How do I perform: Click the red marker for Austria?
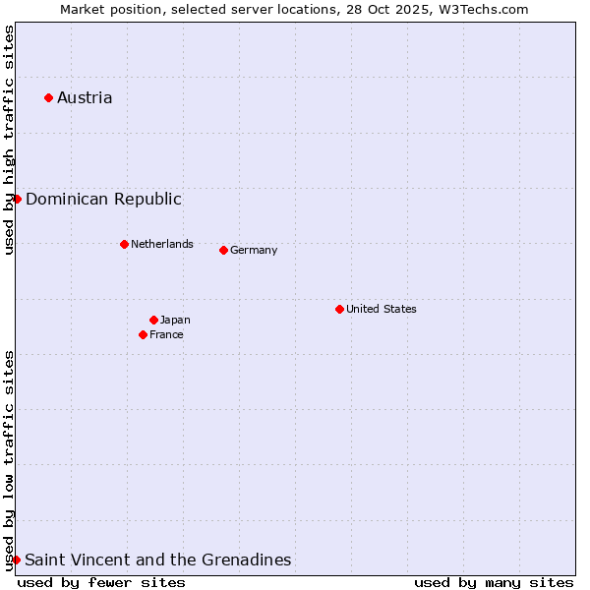pos(48,97)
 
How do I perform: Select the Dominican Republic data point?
pos(17,199)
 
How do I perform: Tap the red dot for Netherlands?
pos(124,244)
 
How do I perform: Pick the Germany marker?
pos(223,250)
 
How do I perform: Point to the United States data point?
pos(339,309)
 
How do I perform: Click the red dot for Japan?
pos(153,320)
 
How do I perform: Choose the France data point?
pos(144,334)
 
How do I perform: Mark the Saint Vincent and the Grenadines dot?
pos(16,560)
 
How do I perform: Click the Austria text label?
pos(85,97)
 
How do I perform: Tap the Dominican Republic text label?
pos(103,199)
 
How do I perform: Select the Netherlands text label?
pos(162,244)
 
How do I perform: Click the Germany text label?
pos(254,250)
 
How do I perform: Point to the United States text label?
pos(382,309)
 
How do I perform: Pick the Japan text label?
pos(175,320)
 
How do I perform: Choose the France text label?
pos(166,334)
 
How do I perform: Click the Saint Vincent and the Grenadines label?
pos(157,560)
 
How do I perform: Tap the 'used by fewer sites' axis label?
pos(101,582)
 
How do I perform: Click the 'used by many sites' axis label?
pos(494,582)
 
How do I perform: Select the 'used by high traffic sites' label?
pos(9,140)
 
